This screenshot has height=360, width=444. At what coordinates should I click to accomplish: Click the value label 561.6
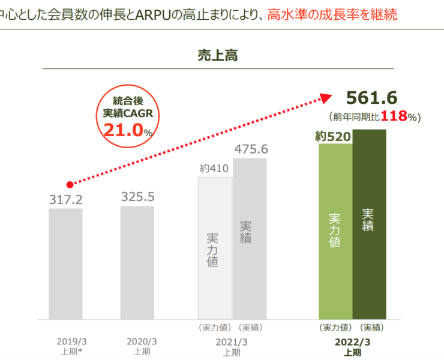tap(373, 98)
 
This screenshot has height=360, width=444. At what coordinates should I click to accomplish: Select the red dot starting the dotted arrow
tap(70, 184)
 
